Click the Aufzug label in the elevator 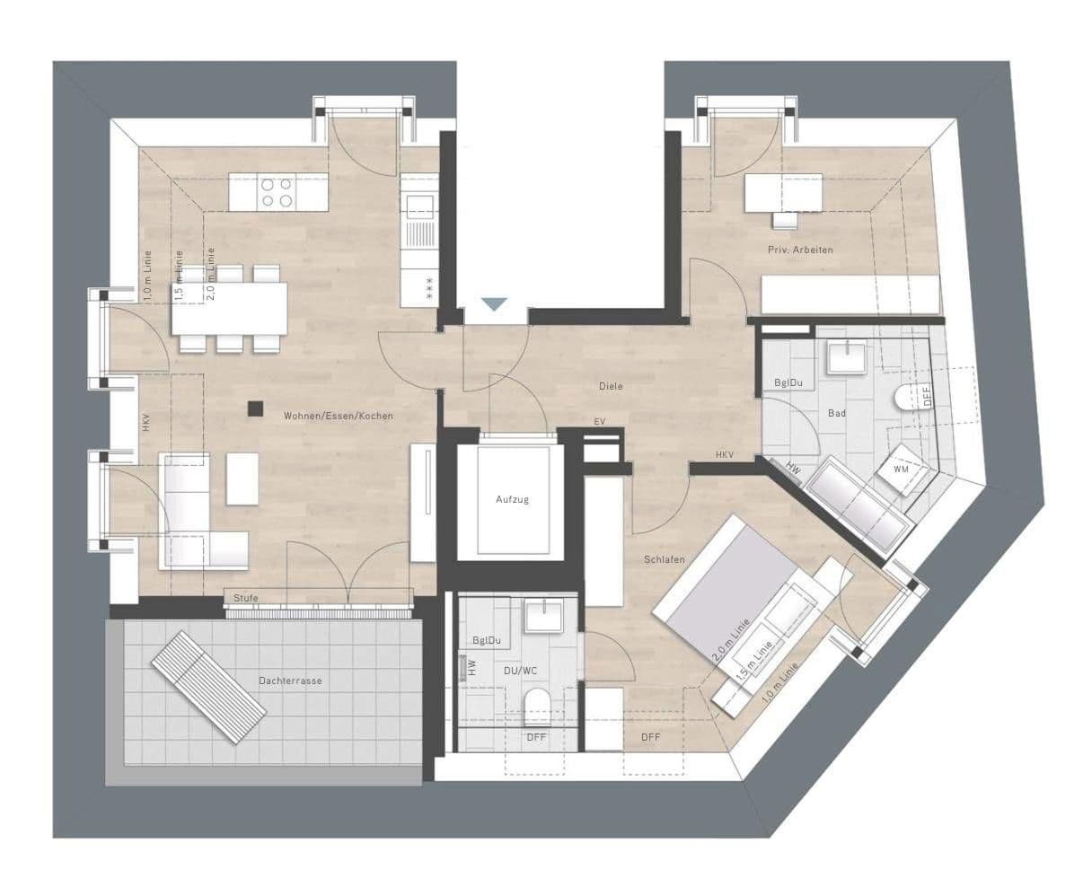[x=512, y=499]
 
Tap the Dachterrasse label [x=289, y=681]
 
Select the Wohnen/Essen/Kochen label [x=339, y=416]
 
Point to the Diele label [x=611, y=386]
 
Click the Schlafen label [x=665, y=559]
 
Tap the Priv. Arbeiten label [x=800, y=249]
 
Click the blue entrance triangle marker [x=494, y=304]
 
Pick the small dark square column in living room [x=256, y=408]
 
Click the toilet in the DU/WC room [x=536, y=706]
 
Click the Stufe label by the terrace [x=245, y=598]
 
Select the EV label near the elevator [x=599, y=421]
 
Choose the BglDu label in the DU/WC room [x=486, y=640]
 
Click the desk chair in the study [x=784, y=218]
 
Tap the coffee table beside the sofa [x=242, y=478]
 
